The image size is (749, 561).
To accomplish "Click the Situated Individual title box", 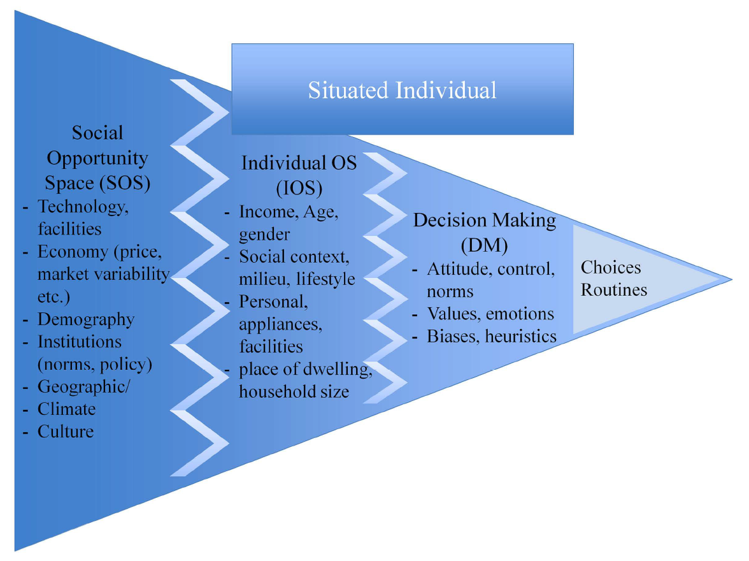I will pyautogui.click(x=403, y=89).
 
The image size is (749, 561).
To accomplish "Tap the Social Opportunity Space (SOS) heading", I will pyautogui.click(x=97, y=158).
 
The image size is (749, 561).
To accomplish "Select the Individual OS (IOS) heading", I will pyautogui.click(x=299, y=175).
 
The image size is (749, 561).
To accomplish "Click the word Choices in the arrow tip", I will pyautogui.click(x=611, y=268).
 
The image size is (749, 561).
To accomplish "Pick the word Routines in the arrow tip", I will pyautogui.click(x=614, y=290).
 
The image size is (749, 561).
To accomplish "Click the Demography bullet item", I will pyautogui.click(x=86, y=319).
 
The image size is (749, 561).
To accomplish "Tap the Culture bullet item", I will pyautogui.click(x=66, y=432).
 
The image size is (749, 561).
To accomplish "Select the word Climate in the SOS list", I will pyautogui.click(x=67, y=409).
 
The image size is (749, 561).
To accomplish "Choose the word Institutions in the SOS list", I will pyautogui.click(x=80, y=342).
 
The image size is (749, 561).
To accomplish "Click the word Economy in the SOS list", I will pyautogui.click(x=73, y=252).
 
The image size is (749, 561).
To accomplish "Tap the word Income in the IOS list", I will pyautogui.click(x=264, y=212).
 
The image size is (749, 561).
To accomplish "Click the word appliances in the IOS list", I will pyautogui.click(x=280, y=324).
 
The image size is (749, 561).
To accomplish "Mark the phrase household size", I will pyautogui.click(x=294, y=391).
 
